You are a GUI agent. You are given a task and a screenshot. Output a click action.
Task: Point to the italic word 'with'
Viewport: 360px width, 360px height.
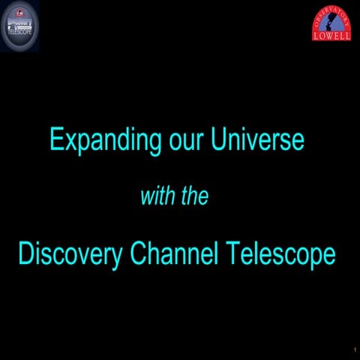(x=156, y=197)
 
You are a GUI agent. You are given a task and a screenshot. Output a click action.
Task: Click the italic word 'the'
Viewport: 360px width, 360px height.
(x=193, y=197)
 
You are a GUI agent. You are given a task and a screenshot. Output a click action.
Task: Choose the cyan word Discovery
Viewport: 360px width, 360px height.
(x=70, y=254)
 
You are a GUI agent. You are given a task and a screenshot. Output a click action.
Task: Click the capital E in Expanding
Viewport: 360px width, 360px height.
(x=55, y=139)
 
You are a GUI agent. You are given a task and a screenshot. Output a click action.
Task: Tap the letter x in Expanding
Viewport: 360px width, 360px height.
(x=67, y=142)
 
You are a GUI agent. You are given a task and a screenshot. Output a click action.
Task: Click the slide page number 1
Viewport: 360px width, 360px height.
(x=354, y=350)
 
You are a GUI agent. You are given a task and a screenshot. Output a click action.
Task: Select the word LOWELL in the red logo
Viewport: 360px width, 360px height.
(x=331, y=34)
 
